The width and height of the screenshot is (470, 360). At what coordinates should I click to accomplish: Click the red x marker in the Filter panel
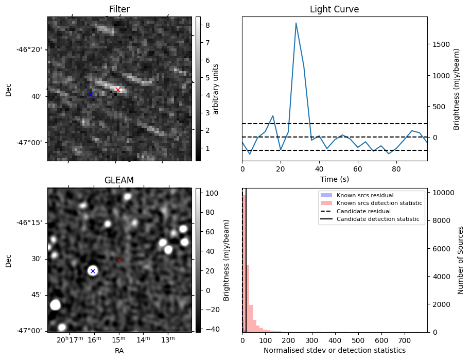(x=118, y=90)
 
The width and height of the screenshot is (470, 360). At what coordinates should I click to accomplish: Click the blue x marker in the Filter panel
(x=91, y=94)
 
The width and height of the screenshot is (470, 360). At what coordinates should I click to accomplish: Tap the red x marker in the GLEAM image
(x=119, y=260)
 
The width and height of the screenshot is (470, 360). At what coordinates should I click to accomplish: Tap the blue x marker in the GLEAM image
(x=93, y=271)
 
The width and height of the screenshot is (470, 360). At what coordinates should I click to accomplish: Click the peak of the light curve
(x=296, y=23)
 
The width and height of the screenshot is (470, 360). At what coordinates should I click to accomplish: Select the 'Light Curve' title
(x=334, y=9)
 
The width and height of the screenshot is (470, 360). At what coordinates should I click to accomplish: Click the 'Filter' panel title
(x=119, y=9)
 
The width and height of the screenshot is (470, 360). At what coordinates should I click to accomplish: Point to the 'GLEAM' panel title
(x=119, y=180)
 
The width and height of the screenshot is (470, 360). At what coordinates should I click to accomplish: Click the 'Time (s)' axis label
(x=334, y=179)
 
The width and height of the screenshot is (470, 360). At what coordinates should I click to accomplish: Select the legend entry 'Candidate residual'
(x=363, y=211)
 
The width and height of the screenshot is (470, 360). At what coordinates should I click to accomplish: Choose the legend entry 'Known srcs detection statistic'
(x=379, y=203)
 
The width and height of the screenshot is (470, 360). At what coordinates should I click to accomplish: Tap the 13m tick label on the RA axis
(x=167, y=340)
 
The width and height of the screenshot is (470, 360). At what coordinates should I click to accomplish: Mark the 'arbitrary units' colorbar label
(x=216, y=89)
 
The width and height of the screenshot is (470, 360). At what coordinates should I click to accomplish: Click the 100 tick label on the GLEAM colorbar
(x=213, y=193)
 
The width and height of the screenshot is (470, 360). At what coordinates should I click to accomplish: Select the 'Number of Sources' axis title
(x=461, y=260)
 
